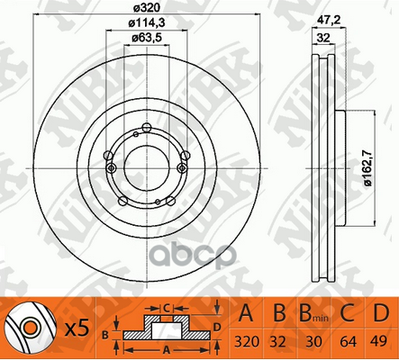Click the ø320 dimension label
coord(146,8)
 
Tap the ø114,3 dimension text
coord(147,23)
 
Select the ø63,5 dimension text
coord(147,38)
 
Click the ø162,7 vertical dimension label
coord(368,168)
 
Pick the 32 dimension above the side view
coord(323,38)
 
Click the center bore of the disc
coord(147,168)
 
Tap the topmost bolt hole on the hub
coord(147,128)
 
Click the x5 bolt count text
coord(77,328)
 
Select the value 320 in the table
coord(247,341)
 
